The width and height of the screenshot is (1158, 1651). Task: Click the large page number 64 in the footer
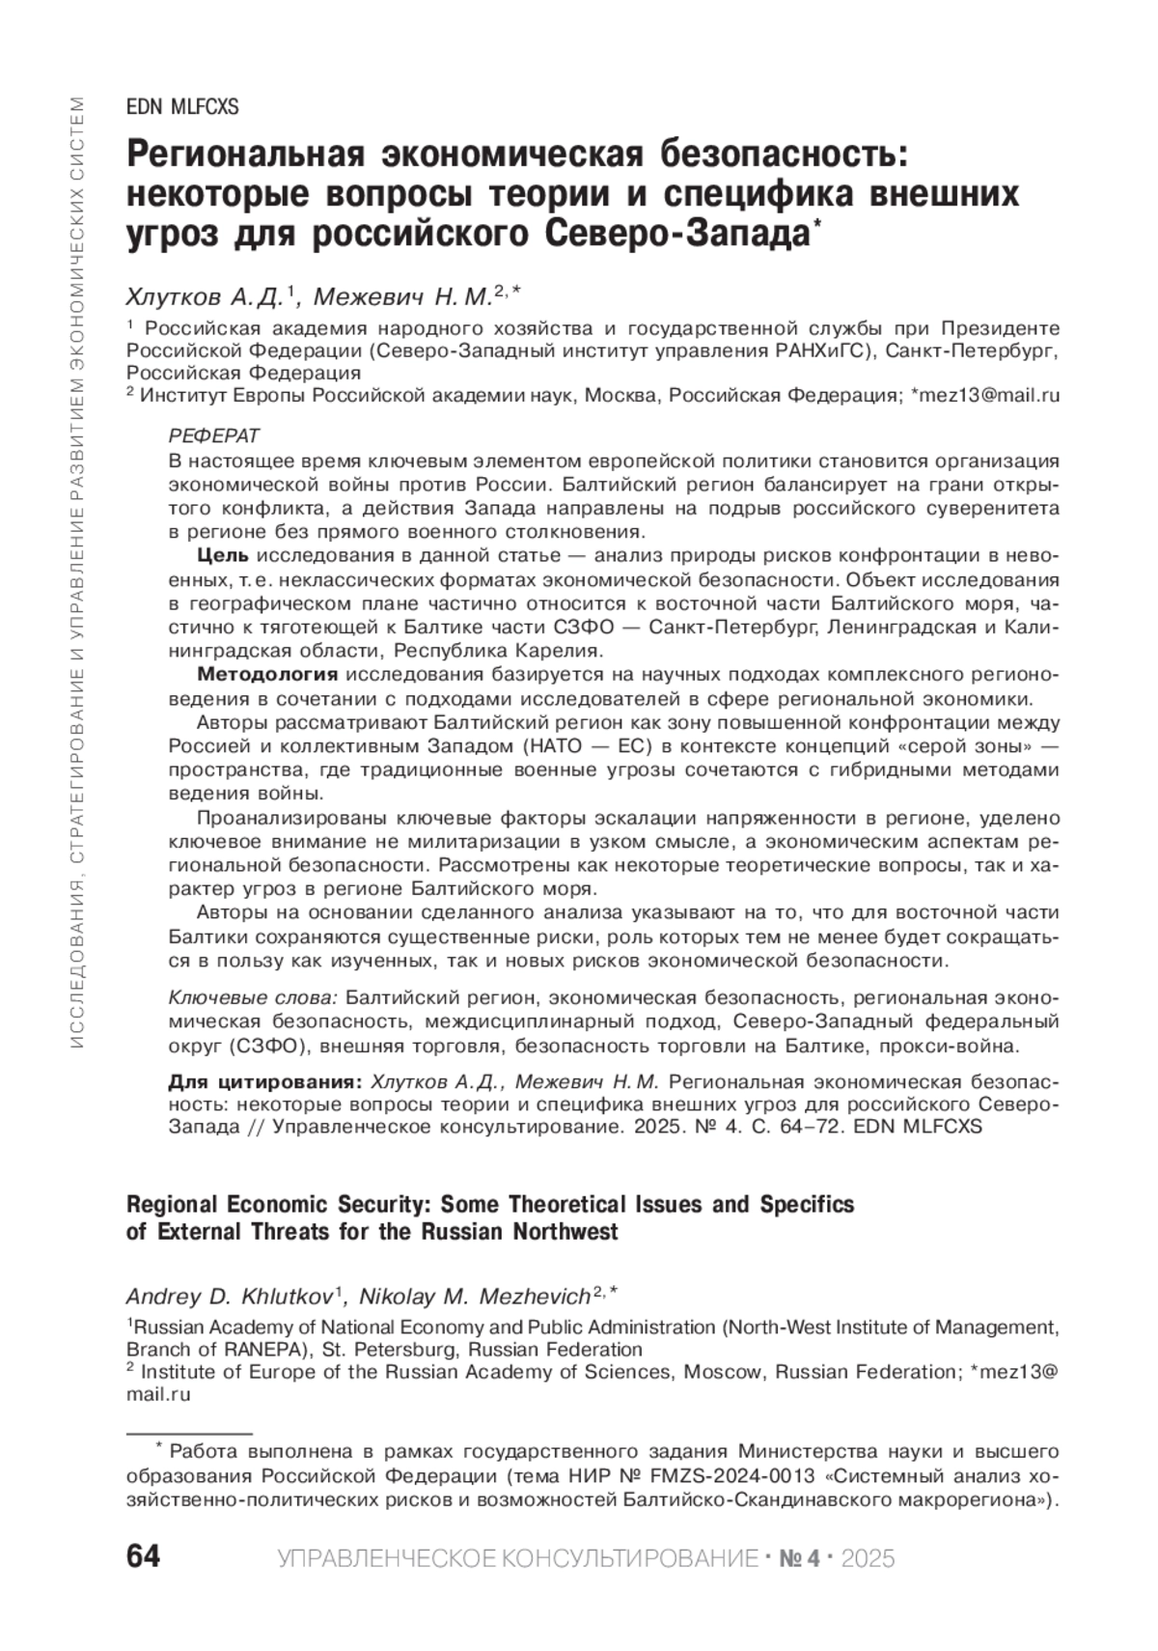(x=143, y=1557)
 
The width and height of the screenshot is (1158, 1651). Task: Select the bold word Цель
(x=223, y=556)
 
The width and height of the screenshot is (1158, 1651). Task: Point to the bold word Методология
(x=267, y=674)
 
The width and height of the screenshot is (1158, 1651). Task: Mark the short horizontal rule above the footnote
(x=189, y=1434)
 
